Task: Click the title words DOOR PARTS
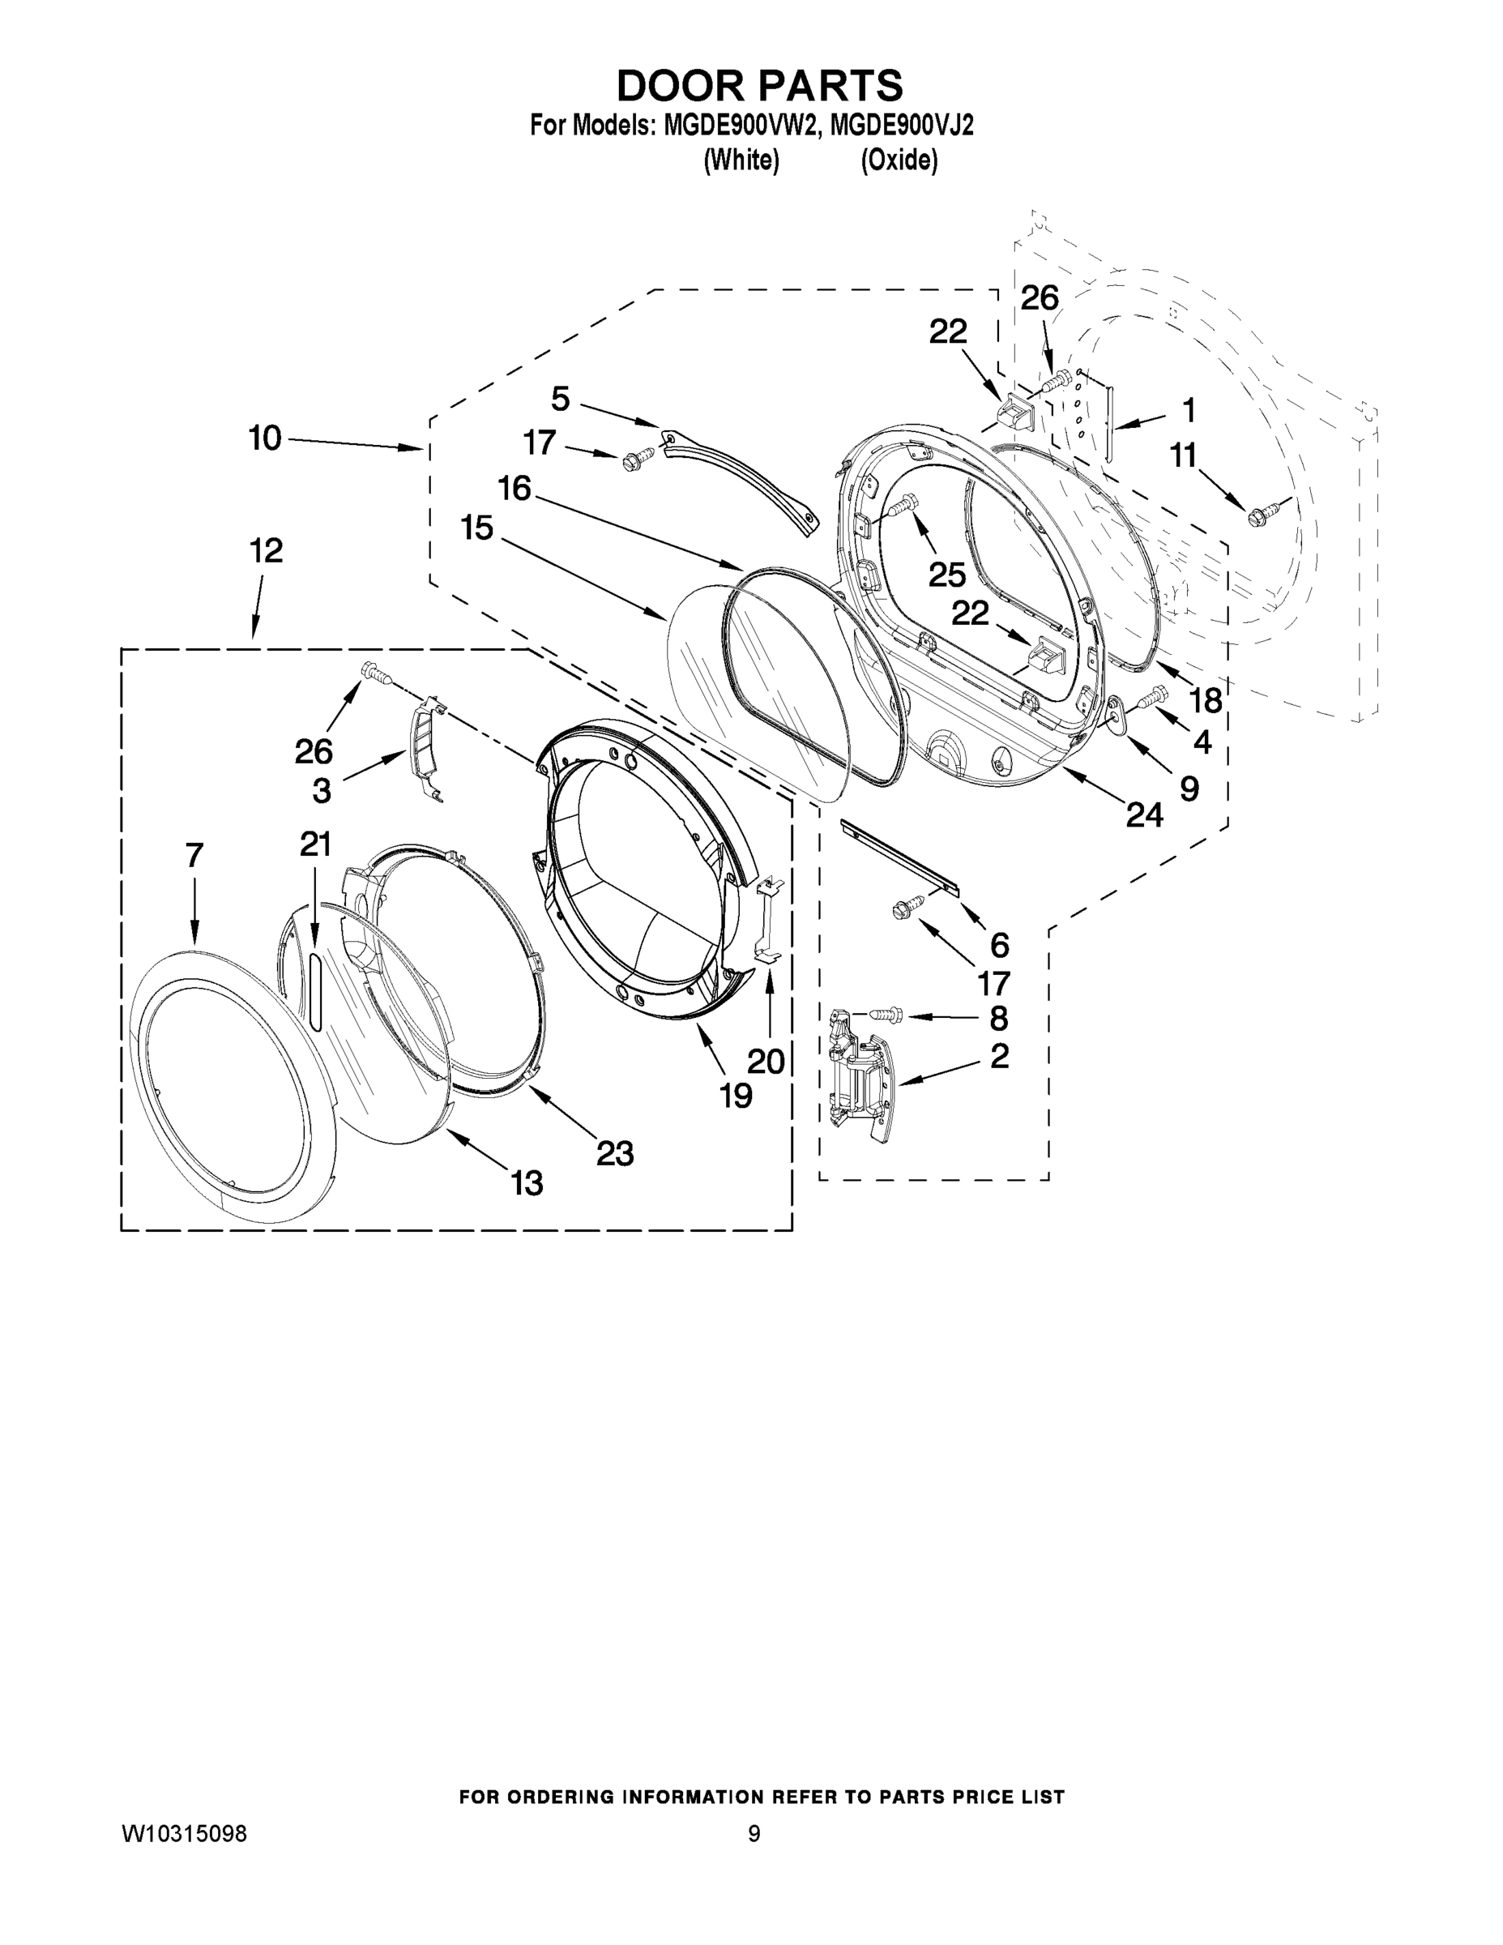[x=759, y=87]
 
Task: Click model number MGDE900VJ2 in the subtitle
[x=901, y=126]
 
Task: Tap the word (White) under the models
[x=741, y=160]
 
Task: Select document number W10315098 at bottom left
[x=183, y=1834]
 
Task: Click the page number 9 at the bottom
[x=754, y=1834]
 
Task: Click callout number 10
[x=264, y=438]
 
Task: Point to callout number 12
[x=265, y=550]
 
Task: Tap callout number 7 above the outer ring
[x=195, y=856]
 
